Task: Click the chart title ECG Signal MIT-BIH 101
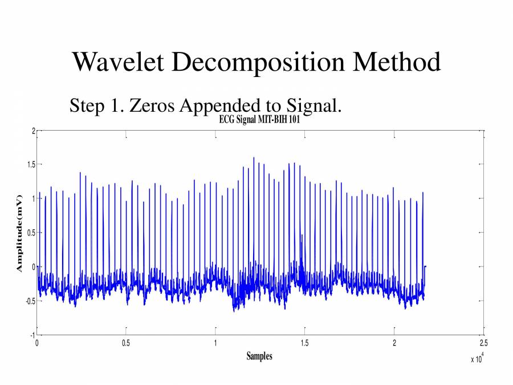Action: point(259,120)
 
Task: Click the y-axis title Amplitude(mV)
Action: point(19,233)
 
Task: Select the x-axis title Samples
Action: point(259,356)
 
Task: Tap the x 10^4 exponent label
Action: point(476,358)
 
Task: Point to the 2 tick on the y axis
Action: point(33,131)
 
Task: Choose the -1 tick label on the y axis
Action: point(32,334)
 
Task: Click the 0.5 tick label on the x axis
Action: point(126,343)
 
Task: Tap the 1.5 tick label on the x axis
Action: point(304,343)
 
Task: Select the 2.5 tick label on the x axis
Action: point(483,343)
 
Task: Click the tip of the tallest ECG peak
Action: point(254,158)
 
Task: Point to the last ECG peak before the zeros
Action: point(422,193)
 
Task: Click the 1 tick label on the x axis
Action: point(215,343)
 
